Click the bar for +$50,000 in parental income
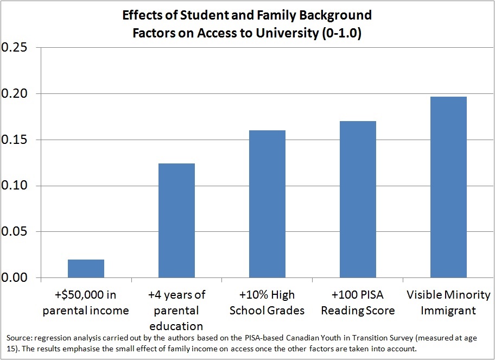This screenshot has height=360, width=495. point(86,269)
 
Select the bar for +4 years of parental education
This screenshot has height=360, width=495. point(176,220)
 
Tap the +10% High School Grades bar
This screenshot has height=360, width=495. point(267,204)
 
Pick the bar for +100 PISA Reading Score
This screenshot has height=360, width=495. point(358,199)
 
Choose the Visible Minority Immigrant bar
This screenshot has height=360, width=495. point(448,187)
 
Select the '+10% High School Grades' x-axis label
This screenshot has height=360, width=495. point(267,303)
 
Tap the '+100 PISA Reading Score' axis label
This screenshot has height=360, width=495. point(358,303)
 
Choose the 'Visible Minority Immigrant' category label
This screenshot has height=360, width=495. point(448,303)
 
